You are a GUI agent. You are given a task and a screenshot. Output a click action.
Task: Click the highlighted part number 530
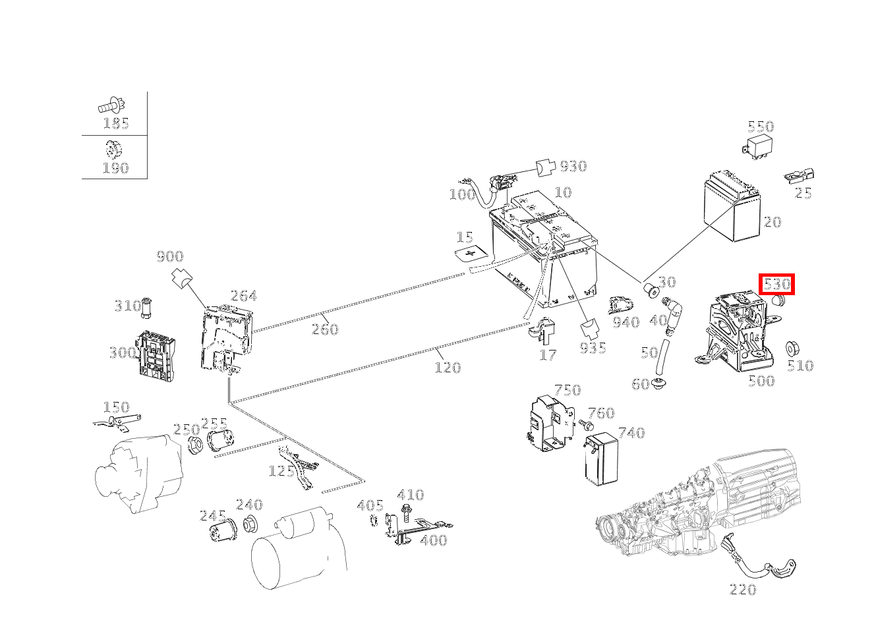pos(776,285)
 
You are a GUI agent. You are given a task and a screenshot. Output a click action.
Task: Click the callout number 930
pos(573,166)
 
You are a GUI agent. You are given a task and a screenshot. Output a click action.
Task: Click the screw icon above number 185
pos(113,104)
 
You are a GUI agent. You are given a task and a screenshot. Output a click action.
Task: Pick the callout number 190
pos(115,168)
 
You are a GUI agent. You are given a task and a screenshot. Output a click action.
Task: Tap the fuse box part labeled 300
pos(157,354)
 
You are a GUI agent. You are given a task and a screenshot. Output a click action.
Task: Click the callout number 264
pos(243,296)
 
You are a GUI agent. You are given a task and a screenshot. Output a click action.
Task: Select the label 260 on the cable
pos(325,329)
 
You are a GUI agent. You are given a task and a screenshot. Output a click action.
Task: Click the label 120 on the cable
pos(448,367)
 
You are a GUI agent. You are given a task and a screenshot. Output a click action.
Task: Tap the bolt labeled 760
pos(583,426)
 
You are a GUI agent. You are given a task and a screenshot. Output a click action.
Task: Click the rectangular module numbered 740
pos(600,459)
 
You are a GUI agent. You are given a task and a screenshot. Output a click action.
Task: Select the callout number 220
pos(743,589)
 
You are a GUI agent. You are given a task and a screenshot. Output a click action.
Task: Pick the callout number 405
pos(370,505)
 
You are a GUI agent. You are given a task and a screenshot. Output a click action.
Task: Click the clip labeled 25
pos(799,176)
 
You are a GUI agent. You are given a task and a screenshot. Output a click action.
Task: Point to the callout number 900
pos(170,256)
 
